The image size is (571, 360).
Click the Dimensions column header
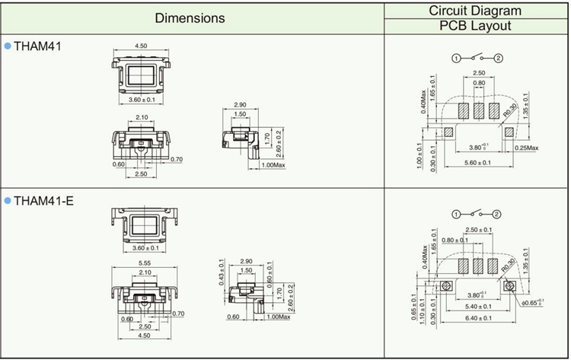(x=190, y=18)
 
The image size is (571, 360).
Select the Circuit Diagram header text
(x=475, y=10)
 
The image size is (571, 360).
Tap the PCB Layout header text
(x=475, y=26)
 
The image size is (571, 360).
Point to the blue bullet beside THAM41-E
(x=8, y=200)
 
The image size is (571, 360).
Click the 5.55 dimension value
(x=143, y=263)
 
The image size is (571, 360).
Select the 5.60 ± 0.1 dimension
(x=478, y=163)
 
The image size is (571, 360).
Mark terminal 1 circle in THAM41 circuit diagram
(x=455, y=58)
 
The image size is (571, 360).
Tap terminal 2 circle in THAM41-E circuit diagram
(x=498, y=213)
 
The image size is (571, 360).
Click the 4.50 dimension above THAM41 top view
(x=142, y=46)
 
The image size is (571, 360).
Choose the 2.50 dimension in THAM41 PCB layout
(x=478, y=73)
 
